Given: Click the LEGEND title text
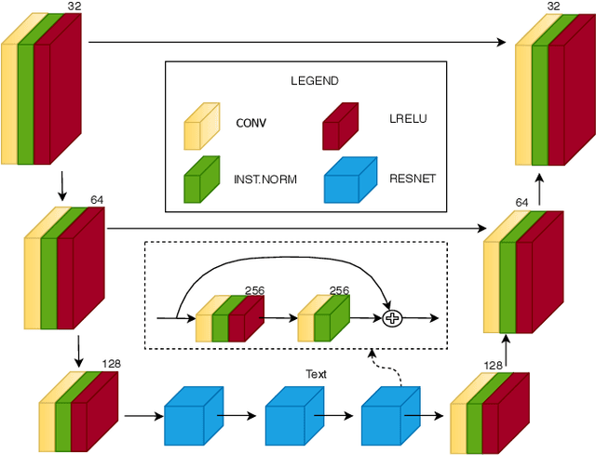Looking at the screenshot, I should (315, 81).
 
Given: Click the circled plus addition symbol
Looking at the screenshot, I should (392, 318).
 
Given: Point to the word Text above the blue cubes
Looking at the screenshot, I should (317, 374).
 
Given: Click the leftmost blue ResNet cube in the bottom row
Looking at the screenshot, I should (189, 415).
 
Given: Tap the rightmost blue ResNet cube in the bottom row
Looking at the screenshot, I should (386, 415).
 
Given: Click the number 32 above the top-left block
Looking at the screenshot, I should (74, 7).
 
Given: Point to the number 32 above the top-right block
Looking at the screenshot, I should (554, 7).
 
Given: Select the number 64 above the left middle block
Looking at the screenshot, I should (97, 199).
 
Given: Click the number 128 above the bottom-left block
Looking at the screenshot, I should (112, 364).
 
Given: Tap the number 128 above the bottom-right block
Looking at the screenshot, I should (493, 366).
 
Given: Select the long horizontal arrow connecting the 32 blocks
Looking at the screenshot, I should (298, 42).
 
